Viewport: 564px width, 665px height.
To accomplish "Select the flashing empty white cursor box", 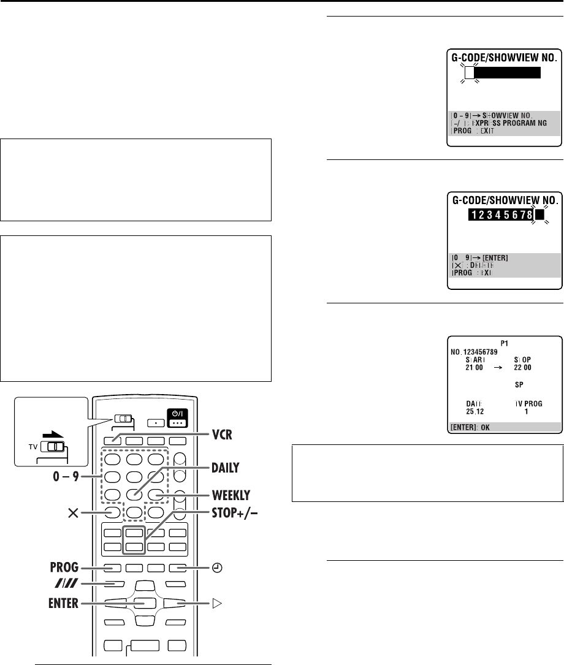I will tap(470, 73).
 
